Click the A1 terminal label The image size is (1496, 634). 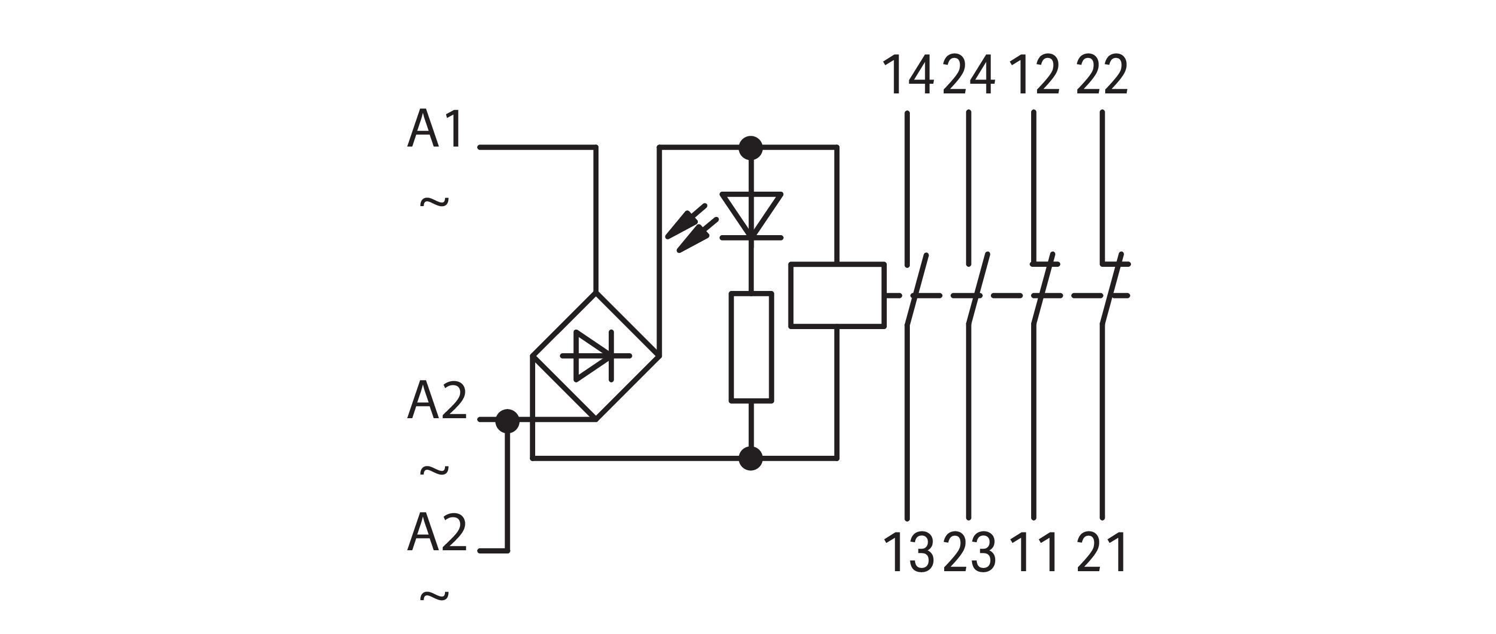tap(435, 129)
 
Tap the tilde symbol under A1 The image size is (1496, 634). tap(434, 202)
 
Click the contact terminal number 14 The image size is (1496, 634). tap(908, 75)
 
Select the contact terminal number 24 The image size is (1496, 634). tap(969, 75)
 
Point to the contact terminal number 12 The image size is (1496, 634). tap(1034, 75)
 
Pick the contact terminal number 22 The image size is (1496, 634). tap(1101, 75)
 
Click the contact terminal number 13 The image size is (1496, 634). tap(909, 552)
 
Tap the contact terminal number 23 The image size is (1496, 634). tap(969, 552)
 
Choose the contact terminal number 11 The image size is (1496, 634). tap(1034, 552)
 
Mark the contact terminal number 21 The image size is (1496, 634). tap(1101, 552)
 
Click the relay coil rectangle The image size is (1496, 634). tap(837, 295)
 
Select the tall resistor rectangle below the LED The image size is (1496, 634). tap(751, 347)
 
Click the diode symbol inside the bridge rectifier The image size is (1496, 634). tap(595, 355)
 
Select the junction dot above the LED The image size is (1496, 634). tap(751, 148)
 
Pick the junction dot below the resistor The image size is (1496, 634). tap(751, 458)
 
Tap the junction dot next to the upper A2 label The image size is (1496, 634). tap(508, 421)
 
